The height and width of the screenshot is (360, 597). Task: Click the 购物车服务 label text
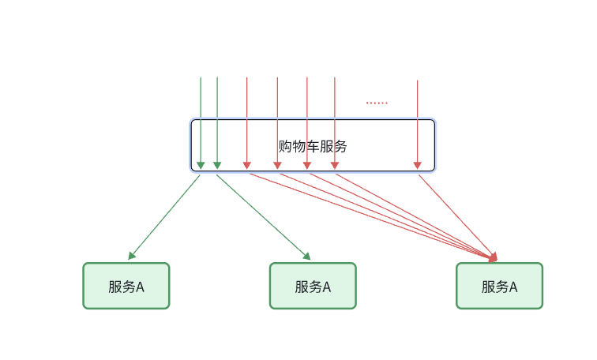click(x=313, y=147)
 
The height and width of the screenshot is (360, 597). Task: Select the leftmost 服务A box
click(x=126, y=286)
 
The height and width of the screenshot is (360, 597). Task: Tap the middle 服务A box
click(x=313, y=286)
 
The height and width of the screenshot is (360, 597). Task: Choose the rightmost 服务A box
click(x=499, y=286)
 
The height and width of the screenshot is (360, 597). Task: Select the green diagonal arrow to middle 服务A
click(x=263, y=216)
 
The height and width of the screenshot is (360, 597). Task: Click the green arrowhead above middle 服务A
click(x=306, y=256)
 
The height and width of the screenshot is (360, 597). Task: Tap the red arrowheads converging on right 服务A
click(x=494, y=257)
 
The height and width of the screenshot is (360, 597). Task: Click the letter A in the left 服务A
click(x=141, y=287)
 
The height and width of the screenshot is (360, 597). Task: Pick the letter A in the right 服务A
click(x=513, y=287)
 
